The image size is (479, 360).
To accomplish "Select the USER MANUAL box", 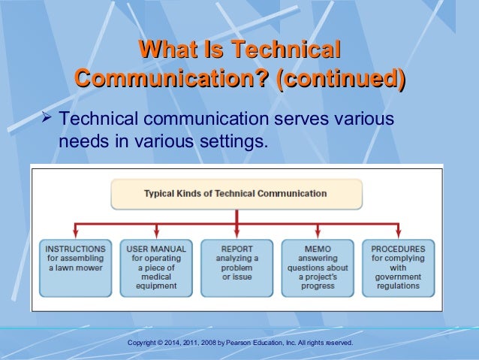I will (x=156, y=267).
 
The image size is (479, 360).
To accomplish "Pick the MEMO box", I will (x=317, y=265).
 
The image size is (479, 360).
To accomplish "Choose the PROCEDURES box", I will (x=398, y=265).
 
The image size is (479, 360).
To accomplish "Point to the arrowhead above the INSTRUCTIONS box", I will (x=75, y=234).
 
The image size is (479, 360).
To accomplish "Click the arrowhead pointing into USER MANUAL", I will (x=156, y=234).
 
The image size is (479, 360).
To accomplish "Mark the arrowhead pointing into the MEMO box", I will (x=317, y=234).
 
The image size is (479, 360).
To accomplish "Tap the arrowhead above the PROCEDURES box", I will (x=398, y=234).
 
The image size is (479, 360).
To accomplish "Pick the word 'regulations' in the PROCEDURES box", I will (x=398, y=286).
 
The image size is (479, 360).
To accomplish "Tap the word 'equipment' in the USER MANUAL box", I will (x=156, y=286).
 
